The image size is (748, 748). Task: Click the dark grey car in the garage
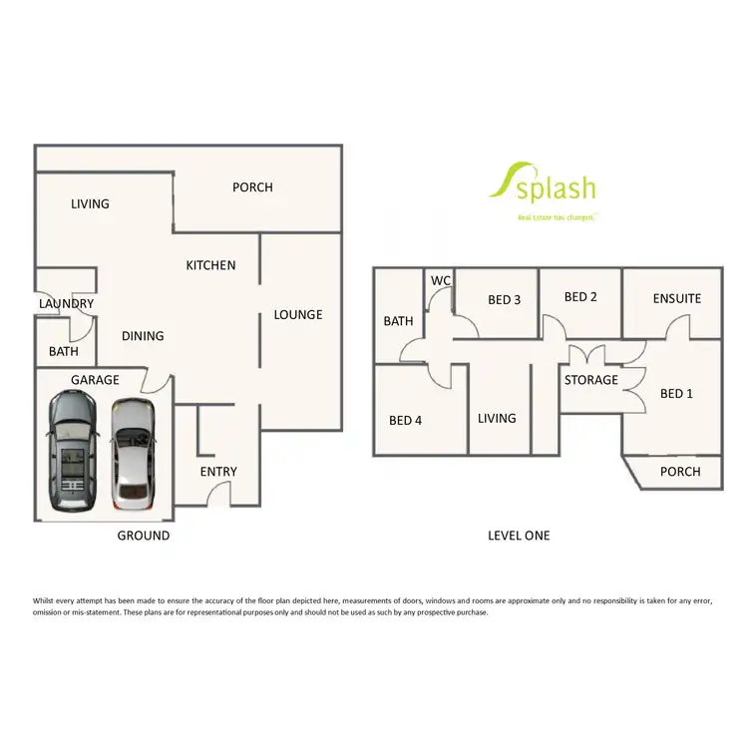pos(72,449)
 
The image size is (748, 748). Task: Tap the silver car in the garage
pos(134,451)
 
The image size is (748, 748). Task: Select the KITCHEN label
pos(210,265)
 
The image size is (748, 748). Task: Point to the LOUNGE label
pos(298,315)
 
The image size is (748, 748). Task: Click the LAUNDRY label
pos(67,304)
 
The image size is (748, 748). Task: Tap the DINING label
pos(143,336)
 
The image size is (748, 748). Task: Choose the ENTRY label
pos(218,472)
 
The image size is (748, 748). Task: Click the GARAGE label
pos(95,380)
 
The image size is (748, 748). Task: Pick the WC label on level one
pos(441,281)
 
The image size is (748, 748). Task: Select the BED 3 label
pos(505,299)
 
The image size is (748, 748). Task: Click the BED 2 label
pos(580,297)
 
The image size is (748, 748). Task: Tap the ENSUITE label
pos(677,298)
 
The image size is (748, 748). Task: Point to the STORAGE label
pos(591,380)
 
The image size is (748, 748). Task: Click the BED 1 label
pos(676,394)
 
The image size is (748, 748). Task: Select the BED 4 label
pos(406,420)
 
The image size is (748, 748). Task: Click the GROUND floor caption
pos(144,536)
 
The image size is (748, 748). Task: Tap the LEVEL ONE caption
pos(519,536)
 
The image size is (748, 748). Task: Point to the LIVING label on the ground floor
pos(90,204)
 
